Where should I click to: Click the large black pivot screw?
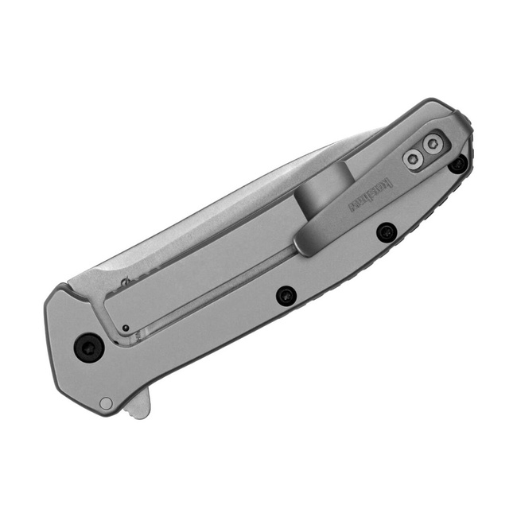[x=88, y=347]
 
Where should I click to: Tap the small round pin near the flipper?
[x=106, y=402]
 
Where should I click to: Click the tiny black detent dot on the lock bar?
[x=126, y=328]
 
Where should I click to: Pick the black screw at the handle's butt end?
[x=457, y=164]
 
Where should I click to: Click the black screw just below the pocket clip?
[x=387, y=231]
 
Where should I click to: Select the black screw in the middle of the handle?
[x=286, y=296]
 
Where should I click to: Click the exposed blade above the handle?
[x=239, y=191]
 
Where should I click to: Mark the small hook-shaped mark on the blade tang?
[x=126, y=281]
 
